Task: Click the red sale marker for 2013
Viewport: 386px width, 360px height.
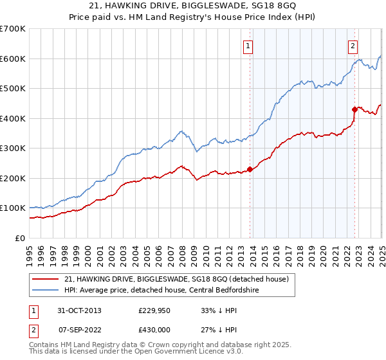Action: [x=250, y=170]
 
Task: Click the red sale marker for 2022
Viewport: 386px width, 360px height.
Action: [x=354, y=109]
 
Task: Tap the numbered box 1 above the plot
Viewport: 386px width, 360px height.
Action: [x=248, y=46]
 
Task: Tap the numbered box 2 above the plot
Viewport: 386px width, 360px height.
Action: [x=353, y=46]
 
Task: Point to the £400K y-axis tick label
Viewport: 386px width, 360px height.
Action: [x=13, y=118]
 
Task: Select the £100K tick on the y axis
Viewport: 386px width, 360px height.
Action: [x=13, y=208]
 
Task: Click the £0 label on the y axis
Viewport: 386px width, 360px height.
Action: [x=21, y=238]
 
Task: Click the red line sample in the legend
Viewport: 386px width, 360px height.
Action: [x=45, y=279]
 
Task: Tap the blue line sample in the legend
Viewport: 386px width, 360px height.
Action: [x=45, y=290]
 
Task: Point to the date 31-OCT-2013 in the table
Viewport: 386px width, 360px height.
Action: [x=80, y=310]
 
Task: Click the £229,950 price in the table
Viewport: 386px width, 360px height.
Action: [x=153, y=310]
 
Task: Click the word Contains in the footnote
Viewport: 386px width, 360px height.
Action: [x=45, y=345]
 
